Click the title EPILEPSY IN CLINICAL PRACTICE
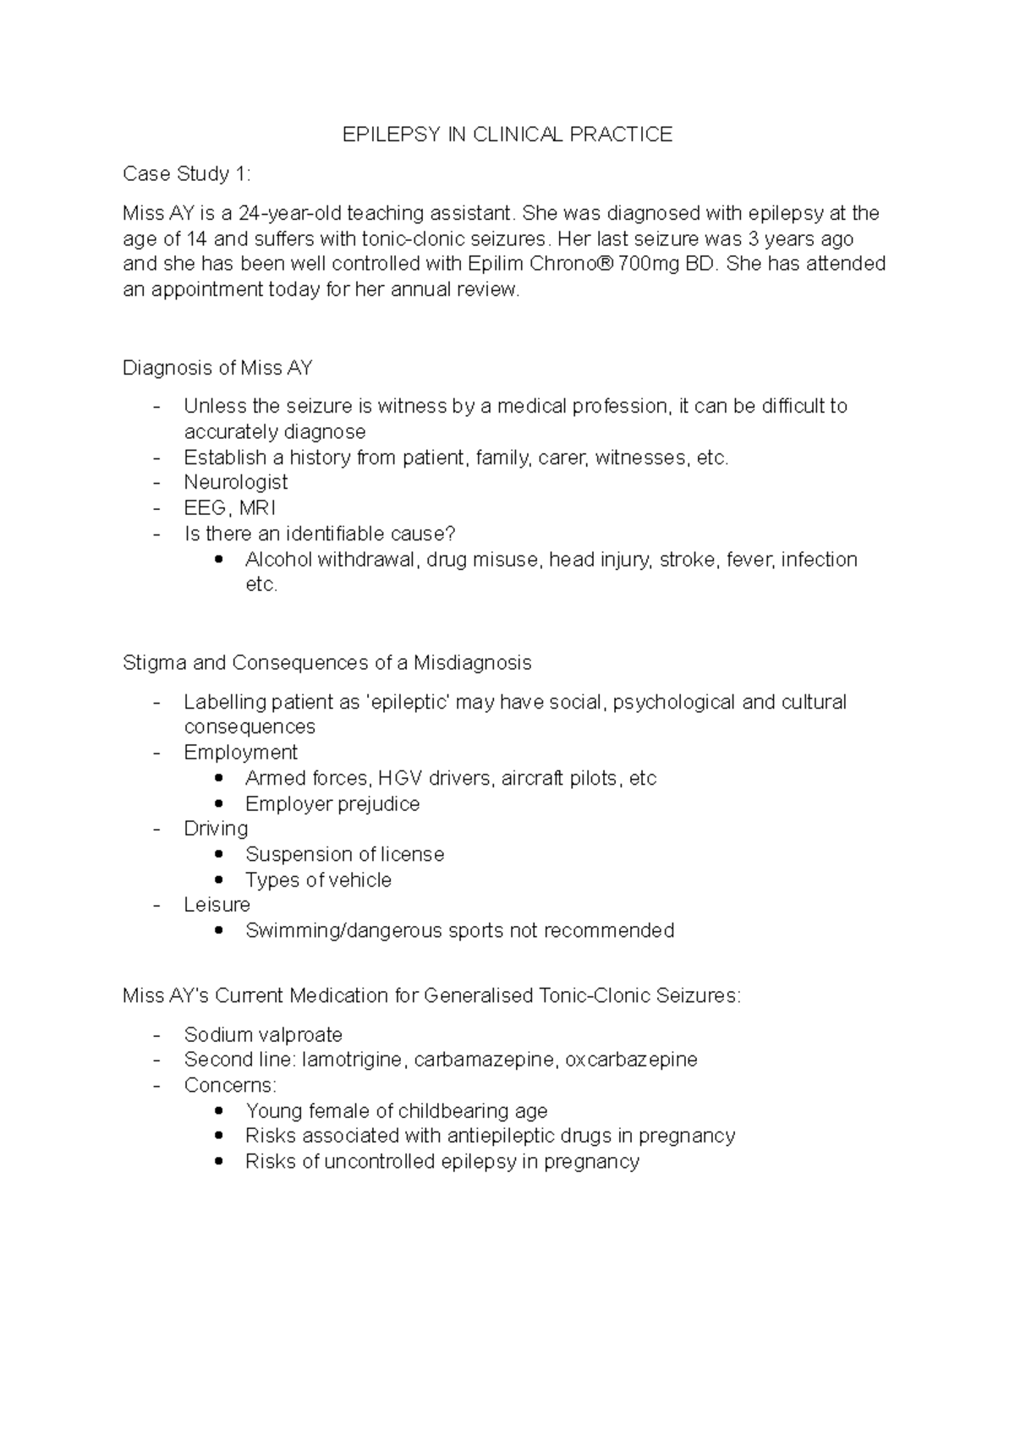pos(507,134)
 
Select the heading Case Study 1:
pos(187,174)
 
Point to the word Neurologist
pos(236,482)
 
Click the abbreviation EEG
pos(204,508)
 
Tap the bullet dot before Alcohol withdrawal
pos(220,559)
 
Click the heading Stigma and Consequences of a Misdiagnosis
pos(326,663)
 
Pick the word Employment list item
pos(241,753)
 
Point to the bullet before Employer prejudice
pos(220,803)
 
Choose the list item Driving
pos(216,829)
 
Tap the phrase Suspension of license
pos(344,854)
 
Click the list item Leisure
pos(217,905)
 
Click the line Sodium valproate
pos(263,1035)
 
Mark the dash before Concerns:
pos(156,1085)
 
